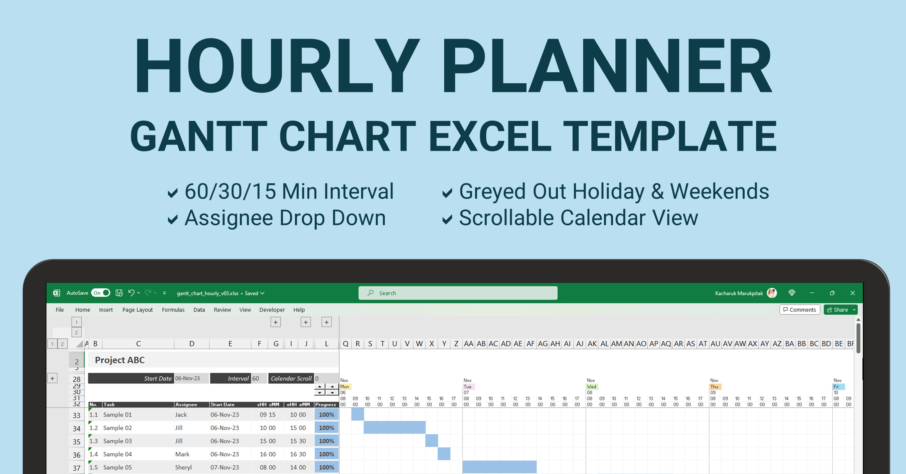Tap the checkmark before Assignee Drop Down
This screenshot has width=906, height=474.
[172, 220]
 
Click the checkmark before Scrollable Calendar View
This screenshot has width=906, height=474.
[447, 220]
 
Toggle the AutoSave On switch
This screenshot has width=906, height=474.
[101, 293]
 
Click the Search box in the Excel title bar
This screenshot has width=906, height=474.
[457, 293]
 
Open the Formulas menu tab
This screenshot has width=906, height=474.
[173, 310]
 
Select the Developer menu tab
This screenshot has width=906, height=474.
[272, 310]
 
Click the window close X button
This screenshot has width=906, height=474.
[853, 293]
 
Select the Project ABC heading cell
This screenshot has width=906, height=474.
[120, 360]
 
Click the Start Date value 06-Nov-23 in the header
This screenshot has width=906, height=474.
[188, 378]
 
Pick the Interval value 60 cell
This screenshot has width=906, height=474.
[256, 378]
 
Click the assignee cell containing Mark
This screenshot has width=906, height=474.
[182, 454]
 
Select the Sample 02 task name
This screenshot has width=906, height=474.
[118, 428]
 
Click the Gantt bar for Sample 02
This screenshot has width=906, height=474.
[394, 427]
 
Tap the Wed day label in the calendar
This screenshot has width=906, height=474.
[592, 386]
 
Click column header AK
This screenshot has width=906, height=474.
[592, 343]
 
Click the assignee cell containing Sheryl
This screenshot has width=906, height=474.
[183, 467]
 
